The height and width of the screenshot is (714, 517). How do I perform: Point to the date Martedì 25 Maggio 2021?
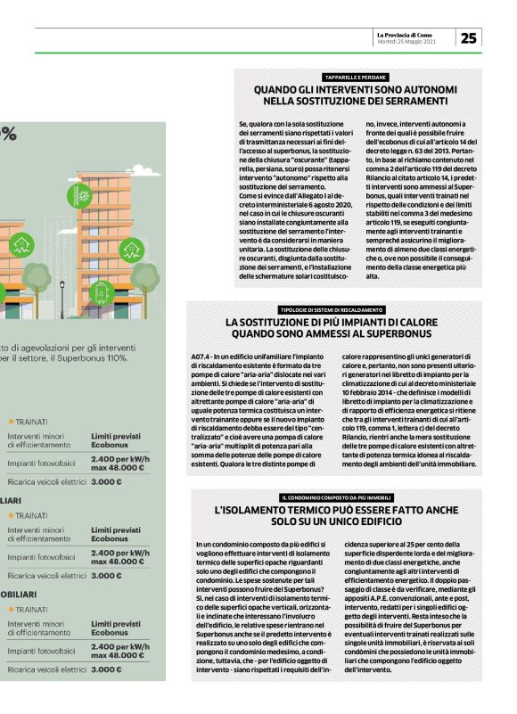click(x=406, y=42)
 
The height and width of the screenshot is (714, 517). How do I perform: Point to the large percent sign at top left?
click(x=9, y=134)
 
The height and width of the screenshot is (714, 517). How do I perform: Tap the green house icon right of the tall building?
click(x=133, y=249)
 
